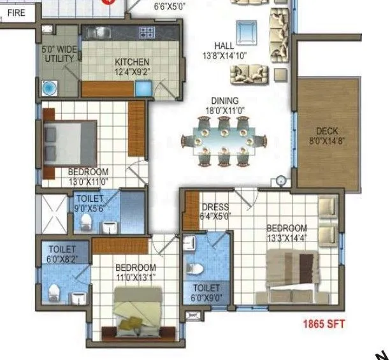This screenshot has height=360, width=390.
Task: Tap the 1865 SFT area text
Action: pyautogui.click(x=324, y=324)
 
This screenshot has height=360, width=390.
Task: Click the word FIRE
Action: pyautogui.click(x=17, y=11)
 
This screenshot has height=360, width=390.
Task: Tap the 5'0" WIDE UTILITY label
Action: pyautogui.click(x=59, y=54)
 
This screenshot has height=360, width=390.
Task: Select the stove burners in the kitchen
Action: pyautogui.click(x=147, y=32)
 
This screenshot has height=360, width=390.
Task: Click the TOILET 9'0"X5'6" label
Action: pyautogui.click(x=89, y=203)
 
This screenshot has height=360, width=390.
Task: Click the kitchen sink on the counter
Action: pyautogui.click(x=102, y=31)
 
